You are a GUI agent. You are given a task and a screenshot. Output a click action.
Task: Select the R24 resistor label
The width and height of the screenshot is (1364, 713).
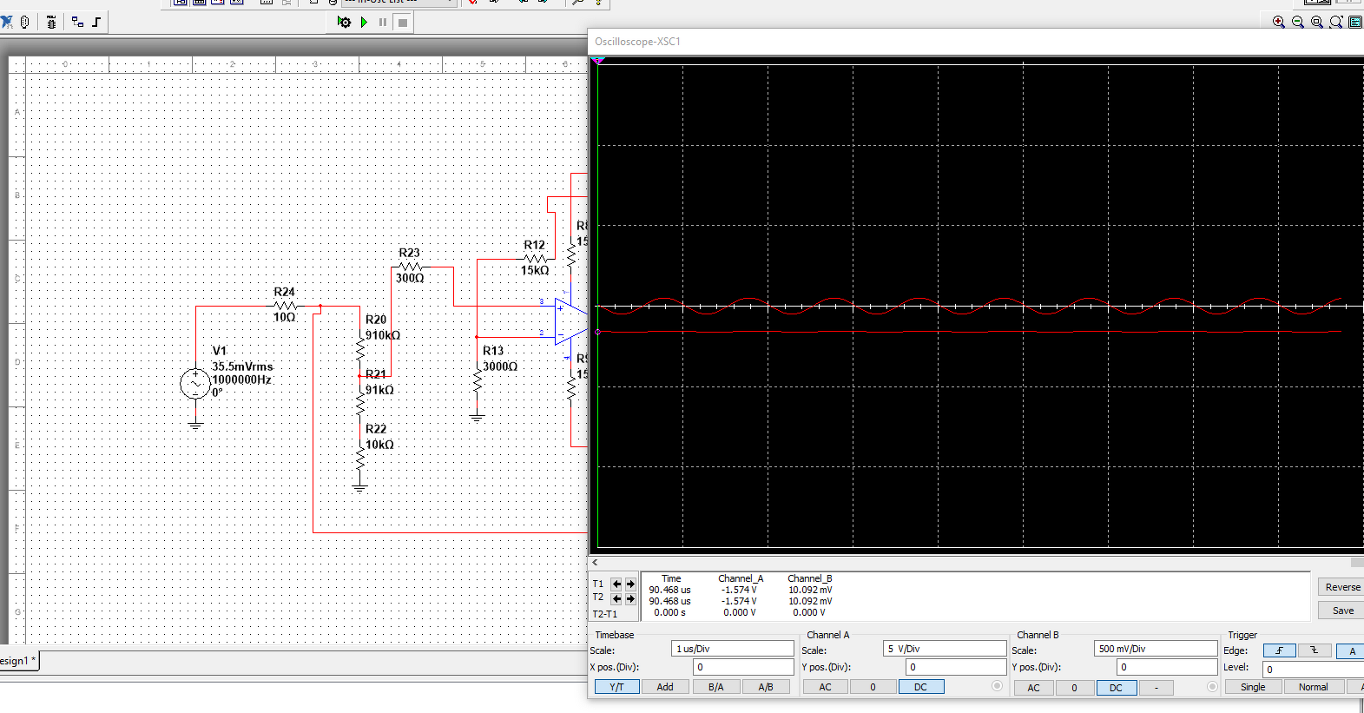click(284, 292)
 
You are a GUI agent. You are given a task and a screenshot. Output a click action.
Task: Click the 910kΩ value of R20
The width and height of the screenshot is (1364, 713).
click(383, 335)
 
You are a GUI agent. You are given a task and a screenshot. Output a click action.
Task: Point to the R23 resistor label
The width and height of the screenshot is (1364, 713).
click(409, 253)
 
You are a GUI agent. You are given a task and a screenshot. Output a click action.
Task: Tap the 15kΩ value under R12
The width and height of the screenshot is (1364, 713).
click(535, 270)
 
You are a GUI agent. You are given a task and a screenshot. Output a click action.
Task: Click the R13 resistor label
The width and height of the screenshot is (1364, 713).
click(493, 351)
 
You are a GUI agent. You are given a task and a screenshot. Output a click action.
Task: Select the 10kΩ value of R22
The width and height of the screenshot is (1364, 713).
click(379, 445)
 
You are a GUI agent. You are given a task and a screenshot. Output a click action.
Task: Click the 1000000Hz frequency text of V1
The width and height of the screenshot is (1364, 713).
click(242, 380)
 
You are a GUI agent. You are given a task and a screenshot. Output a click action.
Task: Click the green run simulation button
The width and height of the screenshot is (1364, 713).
click(364, 22)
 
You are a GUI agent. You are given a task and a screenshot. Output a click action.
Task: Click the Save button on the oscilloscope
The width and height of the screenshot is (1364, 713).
click(1342, 611)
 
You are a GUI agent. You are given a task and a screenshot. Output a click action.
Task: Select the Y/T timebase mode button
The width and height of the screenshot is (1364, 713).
click(616, 687)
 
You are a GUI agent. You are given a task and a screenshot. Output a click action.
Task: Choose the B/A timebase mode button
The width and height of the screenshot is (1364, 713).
click(715, 687)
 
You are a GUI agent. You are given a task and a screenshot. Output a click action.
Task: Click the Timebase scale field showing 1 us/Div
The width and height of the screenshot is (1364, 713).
click(733, 649)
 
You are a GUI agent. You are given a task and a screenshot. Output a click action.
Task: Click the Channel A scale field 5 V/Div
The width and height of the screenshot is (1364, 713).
click(945, 649)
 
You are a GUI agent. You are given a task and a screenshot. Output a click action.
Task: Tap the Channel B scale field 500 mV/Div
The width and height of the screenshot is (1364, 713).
click(1155, 649)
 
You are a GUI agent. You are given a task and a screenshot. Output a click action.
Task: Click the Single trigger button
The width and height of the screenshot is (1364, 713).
click(1253, 687)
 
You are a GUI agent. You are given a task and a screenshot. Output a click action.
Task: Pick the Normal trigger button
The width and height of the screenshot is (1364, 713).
click(1313, 687)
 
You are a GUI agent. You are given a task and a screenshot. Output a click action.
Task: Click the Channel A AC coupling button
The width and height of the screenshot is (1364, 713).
click(825, 687)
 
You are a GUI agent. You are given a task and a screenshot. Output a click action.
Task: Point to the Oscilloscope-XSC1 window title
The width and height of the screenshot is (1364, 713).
click(637, 42)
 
